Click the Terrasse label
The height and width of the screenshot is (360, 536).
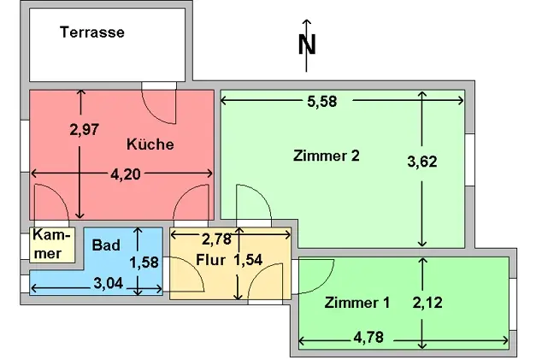(x=92, y=33)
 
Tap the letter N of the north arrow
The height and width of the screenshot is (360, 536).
(x=308, y=45)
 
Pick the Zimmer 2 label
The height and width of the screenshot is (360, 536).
(x=325, y=156)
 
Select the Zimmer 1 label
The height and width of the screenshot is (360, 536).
(x=357, y=303)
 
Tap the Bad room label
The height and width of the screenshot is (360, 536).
(x=106, y=245)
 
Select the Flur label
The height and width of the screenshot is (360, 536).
(x=209, y=259)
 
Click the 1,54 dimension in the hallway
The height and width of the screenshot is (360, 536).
(x=248, y=259)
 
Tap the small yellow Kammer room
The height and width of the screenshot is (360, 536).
(x=47, y=245)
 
